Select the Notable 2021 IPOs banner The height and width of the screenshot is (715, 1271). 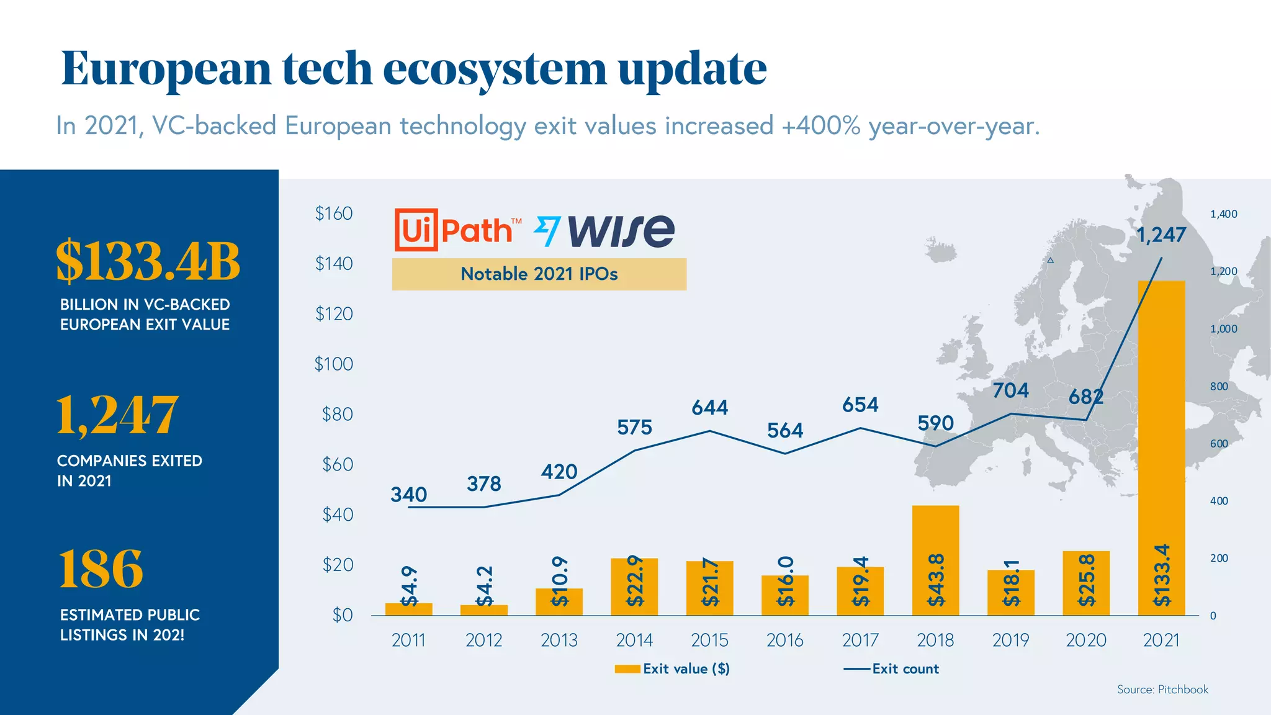click(x=539, y=274)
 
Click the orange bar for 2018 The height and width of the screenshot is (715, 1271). click(x=935, y=559)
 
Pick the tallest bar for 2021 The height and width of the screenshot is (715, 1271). click(x=1161, y=447)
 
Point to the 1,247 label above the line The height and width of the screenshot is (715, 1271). click(x=1161, y=235)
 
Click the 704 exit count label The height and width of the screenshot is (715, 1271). click(x=1010, y=390)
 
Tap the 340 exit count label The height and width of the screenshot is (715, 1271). click(x=408, y=495)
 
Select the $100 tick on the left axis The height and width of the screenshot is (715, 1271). click(x=333, y=364)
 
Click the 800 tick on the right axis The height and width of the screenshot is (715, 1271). click(x=1219, y=386)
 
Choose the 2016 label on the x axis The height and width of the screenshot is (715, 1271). click(x=784, y=640)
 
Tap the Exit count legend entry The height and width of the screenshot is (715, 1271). click(x=892, y=668)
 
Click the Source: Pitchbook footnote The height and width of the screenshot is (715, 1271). click(x=1162, y=689)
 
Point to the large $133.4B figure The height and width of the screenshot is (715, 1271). click(x=148, y=261)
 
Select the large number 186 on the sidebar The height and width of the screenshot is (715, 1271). click(x=101, y=569)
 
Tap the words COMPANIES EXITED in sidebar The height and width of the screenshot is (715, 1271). click(x=129, y=461)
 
